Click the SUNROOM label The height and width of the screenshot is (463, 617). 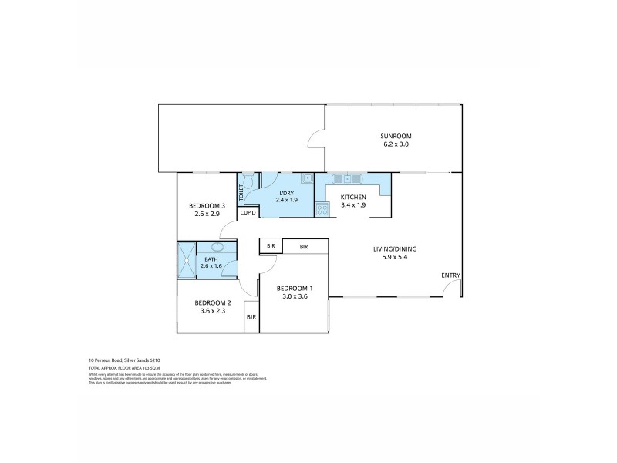(396, 135)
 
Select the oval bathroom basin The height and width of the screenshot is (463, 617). (217, 248)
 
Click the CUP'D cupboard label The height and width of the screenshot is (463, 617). (248, 212)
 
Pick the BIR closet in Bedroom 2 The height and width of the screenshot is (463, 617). (251, 317)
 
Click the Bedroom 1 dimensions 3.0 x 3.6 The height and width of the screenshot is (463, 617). (295, 295)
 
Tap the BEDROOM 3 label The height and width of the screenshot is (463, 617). (205, 205)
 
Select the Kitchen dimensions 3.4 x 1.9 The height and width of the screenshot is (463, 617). (353, 206)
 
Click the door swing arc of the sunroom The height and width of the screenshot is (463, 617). (314, 137)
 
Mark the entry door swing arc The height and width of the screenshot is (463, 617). (451, 287)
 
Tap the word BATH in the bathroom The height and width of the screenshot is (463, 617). (211, 259)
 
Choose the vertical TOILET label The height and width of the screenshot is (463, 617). (241, 192)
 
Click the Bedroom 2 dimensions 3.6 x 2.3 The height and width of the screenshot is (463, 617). (210, 311)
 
